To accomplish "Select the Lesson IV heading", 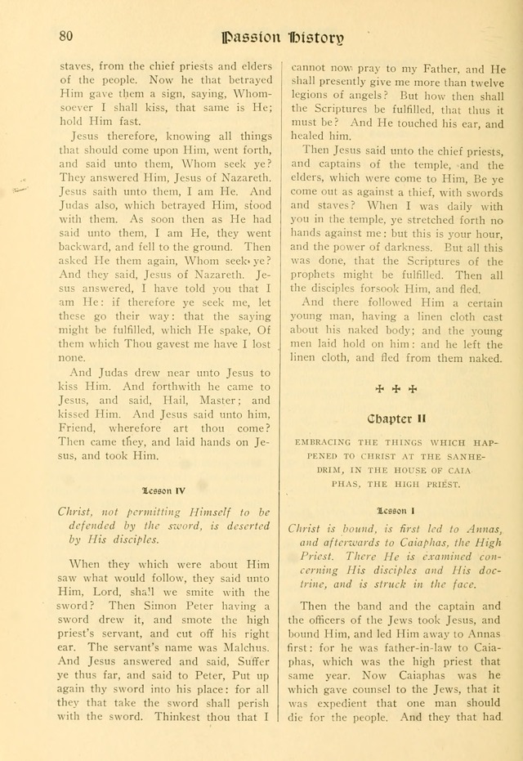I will pyautogui.click(x=163, y=490).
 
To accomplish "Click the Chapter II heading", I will pyautogui.click(x=396, y=419).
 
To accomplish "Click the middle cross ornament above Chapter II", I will pyautogui.click(x=396, y=388).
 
